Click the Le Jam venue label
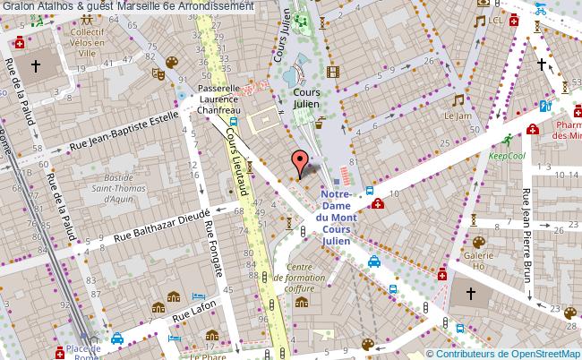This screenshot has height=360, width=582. point(458,116)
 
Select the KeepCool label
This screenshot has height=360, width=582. point(507,154)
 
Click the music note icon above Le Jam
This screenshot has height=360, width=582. point(458,99)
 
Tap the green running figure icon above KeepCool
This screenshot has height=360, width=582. point(508,139)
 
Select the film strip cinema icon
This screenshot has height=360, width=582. point(334,73)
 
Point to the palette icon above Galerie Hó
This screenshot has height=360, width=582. point(478,242)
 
